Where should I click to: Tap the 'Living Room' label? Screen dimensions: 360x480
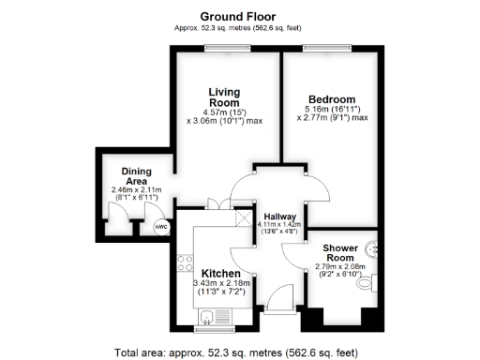[224, 97]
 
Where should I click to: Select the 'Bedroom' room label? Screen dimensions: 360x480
[332, 99]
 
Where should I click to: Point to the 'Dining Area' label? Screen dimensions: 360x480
[136, 175]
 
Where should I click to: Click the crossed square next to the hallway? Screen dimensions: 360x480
[244, 218]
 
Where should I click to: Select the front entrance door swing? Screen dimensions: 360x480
[278, 300]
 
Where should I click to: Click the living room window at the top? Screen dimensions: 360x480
[223, 49]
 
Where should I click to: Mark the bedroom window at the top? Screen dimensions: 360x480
[329, 49]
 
